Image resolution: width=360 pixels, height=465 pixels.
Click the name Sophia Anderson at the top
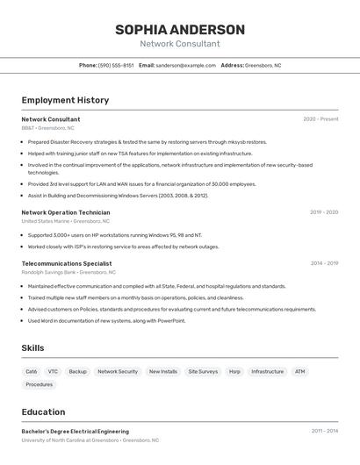coord(180,30)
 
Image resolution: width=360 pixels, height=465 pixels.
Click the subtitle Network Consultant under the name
coord(180,44)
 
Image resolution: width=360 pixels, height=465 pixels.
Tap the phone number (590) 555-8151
coord(116,65)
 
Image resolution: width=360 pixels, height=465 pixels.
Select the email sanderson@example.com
coord(185,65)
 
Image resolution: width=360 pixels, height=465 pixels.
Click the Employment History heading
coord(65,100)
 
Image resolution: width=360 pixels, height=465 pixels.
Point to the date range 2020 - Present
coord(320,119)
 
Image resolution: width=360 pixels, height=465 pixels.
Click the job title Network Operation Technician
coord(66,212)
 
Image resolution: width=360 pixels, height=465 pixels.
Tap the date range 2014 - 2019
coord(324,263)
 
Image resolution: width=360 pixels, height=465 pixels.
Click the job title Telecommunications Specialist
coord(67,263)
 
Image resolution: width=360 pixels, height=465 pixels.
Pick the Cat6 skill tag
coord(32,371)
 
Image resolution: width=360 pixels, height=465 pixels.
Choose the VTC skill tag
coord(53,371)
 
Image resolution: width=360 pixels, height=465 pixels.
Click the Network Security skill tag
coord(118,371)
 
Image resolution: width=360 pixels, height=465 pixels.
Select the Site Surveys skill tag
coord(203,371)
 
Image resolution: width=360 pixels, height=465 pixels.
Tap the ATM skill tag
coord(299,371)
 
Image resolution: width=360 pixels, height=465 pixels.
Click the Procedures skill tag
coord(40,384)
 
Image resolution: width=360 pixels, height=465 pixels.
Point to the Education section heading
coord(43,412)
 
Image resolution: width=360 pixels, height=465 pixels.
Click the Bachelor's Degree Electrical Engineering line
coord(76,432)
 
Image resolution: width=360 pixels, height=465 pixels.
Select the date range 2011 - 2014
coord(324,432)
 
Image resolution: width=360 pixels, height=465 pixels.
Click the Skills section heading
coord(32,348)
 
